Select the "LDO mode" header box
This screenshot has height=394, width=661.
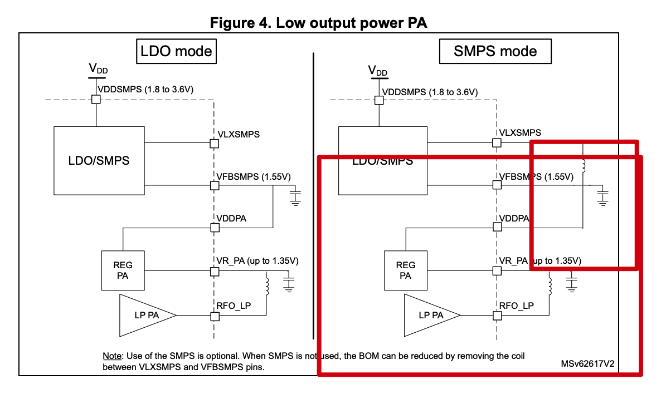click(176, 52)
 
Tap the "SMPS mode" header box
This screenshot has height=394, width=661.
click(495, 52)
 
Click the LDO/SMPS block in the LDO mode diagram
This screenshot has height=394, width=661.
click(99, 160)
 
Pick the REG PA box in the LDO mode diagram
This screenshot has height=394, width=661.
click(122, 270)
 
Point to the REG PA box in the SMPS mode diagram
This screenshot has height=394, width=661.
click(406, 270)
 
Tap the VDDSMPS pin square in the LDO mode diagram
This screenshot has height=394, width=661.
click(96, 99)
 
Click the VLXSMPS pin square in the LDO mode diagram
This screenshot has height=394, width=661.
click(213, 144)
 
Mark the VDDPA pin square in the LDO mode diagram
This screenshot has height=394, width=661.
click(213, 227)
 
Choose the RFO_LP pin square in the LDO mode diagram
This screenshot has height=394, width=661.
click(213, 316)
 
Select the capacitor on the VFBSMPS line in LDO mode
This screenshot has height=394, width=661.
click(295, 196)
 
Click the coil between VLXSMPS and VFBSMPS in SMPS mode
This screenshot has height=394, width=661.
click(584, 166)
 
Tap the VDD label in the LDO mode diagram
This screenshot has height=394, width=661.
click(98, 69)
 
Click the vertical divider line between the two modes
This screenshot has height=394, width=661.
click(314, 195)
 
